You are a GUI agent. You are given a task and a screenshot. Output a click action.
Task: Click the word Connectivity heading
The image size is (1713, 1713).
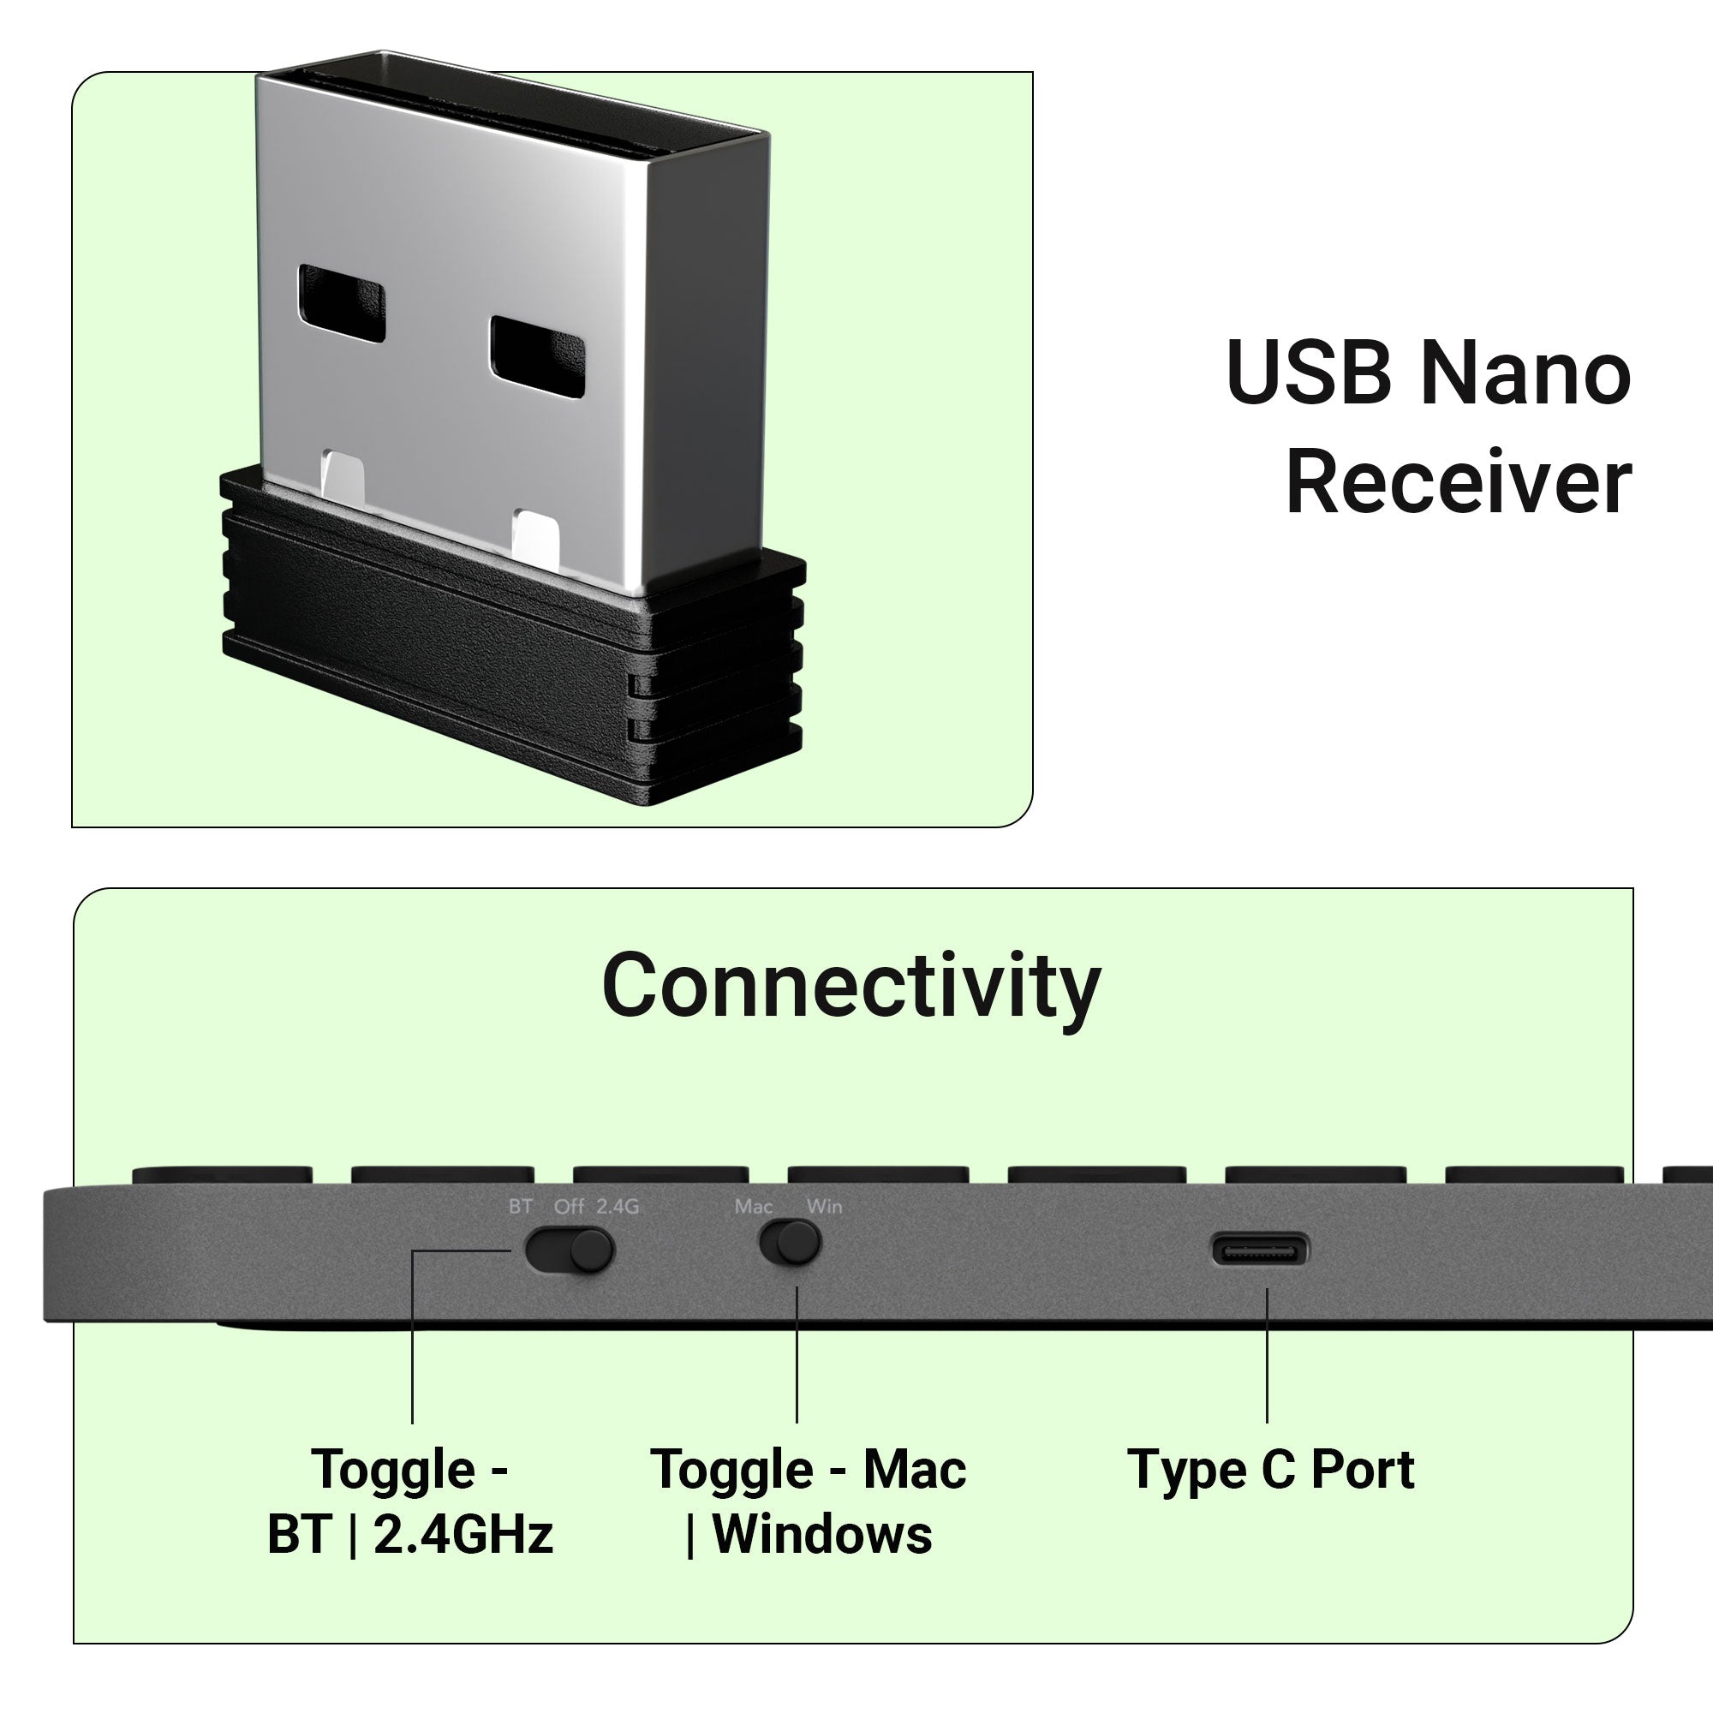click(x=851, y=987)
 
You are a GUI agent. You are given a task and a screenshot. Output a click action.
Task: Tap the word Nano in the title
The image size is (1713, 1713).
click(x=1525, y=374)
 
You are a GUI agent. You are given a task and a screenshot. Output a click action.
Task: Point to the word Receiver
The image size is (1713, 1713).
click(x=1458, y=482)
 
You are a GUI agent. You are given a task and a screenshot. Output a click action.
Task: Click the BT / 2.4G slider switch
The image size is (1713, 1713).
click(x=570, y=1250)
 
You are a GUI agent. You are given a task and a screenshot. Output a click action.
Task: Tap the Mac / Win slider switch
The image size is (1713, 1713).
click(x=790, y=1242)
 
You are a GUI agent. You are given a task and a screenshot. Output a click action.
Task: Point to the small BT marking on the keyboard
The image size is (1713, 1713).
click(x=521, y=1207)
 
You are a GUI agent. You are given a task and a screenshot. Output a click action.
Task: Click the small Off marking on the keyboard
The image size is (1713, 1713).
click(x=570, y=1207)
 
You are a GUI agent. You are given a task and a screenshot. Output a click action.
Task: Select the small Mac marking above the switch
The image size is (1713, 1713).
click(x=754, y=1207)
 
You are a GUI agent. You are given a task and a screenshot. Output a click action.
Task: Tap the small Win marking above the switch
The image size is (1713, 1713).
click(x=824, y=1207)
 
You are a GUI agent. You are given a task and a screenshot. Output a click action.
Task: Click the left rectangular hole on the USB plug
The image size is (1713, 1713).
click(x=342, y=303)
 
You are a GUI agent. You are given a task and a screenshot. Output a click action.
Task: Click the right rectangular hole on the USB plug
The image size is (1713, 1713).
click(x=537, y=356)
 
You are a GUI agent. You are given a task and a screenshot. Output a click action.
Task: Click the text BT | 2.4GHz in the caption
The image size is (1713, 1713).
click(x=409, y=1535)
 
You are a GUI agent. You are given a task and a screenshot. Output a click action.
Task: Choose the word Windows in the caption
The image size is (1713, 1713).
click(x=822, y=1535)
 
